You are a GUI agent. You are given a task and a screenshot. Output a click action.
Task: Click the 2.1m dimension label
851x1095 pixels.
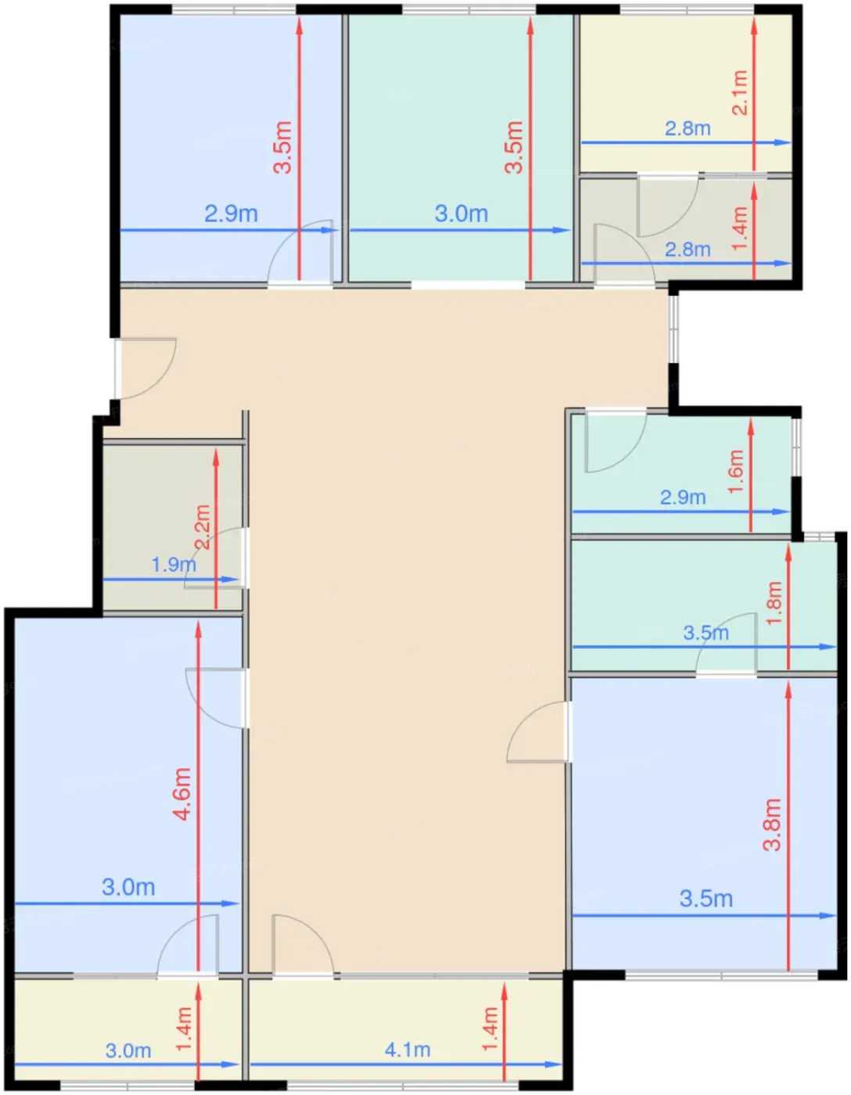click(x=741, y=93)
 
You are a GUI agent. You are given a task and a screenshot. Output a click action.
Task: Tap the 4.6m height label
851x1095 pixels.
click(x=182, y=794)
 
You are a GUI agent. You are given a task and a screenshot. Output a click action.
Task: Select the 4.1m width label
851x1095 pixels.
click(x=408, y=1050)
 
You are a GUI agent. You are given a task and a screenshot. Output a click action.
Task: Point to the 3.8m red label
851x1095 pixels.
click(x=772, y=825)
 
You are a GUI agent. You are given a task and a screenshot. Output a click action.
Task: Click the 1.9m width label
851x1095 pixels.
click(x=174, y=565)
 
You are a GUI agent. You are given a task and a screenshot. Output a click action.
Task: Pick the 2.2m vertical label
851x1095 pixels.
click(x=203, y=527)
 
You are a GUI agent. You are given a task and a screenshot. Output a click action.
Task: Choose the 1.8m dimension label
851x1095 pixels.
click(x=774, y=603)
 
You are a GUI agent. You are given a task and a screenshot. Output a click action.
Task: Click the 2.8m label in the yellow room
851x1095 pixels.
click(x=688, y=128)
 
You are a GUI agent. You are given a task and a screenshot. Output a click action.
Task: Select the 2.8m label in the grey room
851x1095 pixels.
click(x=688, y=250)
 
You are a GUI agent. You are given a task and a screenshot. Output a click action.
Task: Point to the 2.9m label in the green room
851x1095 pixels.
click(x=683, y=498)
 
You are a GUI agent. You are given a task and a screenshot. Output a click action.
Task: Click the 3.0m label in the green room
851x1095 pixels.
click(x=461, y=214)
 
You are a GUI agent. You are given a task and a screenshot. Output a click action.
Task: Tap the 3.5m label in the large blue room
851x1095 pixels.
click(x=706, y=899)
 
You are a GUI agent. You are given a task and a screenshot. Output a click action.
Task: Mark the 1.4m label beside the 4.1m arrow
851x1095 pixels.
click(x=490, y=1030)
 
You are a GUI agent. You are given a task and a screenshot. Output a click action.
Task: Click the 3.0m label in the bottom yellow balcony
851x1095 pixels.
click(x=128, y=1051)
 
